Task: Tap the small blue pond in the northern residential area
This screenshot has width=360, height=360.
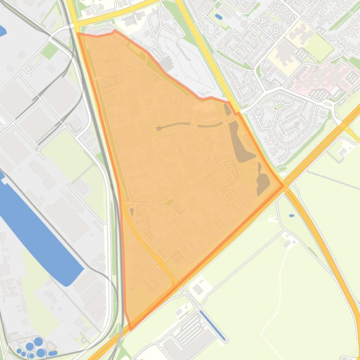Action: pos(218,17)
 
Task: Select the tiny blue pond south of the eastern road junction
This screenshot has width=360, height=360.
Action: pos(292,216)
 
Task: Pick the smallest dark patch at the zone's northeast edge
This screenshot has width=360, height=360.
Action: pos(228,109)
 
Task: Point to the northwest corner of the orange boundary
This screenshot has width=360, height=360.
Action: pos(78,34)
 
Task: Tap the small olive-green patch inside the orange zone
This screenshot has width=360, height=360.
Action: pos(169,202)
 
